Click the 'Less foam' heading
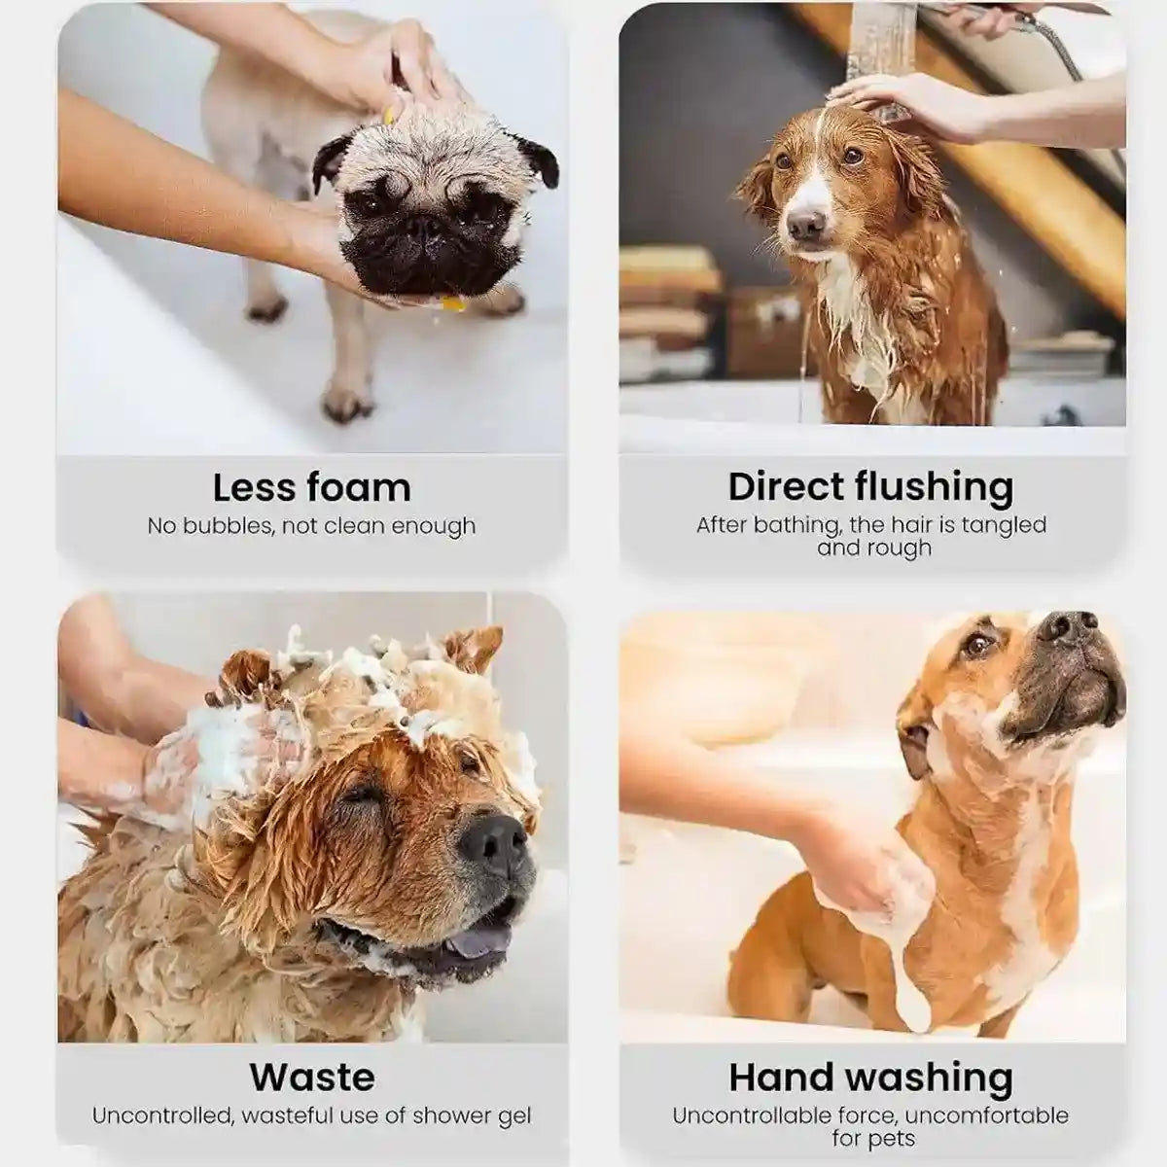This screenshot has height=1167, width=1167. (x=311, y=486)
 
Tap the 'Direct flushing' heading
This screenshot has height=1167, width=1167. (x=870, y=485)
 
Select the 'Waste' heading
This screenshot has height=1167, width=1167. (x=311, y=1077)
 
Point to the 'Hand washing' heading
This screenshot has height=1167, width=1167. (x=870, y=1077)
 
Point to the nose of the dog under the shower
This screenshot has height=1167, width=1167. (x=805, y=226)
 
